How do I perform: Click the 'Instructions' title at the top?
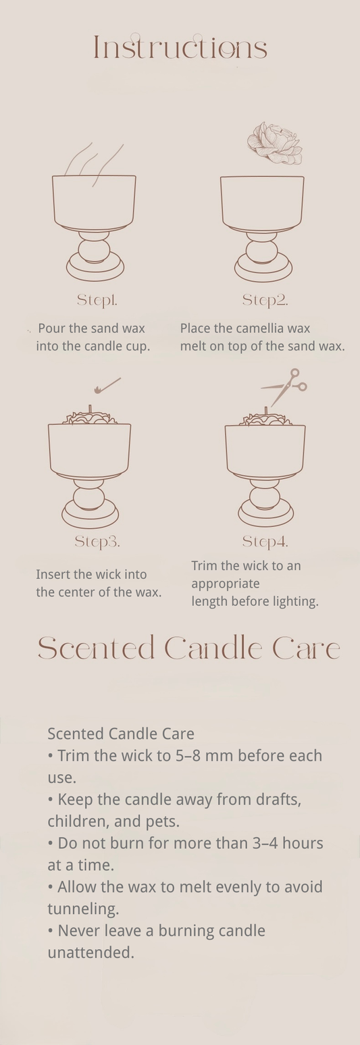tap(180, 48)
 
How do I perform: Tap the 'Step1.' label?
tap(97, 300)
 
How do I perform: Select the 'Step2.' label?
tap(265, 300)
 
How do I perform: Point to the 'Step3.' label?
tap(97, 541)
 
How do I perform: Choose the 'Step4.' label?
tap(265, 541)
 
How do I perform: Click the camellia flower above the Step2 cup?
tap(274, 143)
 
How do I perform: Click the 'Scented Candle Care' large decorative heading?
tap(188, 648)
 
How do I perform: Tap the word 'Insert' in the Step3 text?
tap(54, 574)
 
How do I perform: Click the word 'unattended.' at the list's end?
tap(91, 952)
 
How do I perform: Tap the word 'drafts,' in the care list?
tap(269, 799)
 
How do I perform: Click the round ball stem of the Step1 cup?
tap(94, 251)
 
